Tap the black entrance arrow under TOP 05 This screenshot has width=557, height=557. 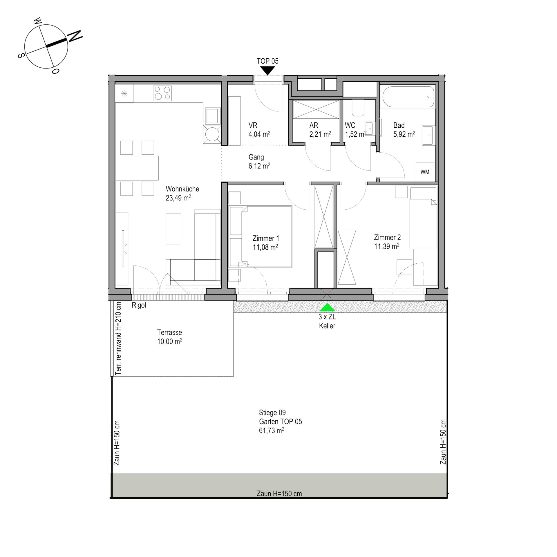tap(267, 70)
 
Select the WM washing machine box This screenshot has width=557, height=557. tap(425, 172)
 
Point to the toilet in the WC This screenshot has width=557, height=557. tap(358, 108)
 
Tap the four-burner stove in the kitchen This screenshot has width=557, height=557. tap(162, 93)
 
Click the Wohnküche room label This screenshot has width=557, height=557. tap(182, 189)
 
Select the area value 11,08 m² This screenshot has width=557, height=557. tap(265, 247)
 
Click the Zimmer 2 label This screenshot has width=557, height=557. tap(387, 237)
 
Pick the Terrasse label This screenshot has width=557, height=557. tap(169, 332)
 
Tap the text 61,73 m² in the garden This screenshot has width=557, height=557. tap(272, 430)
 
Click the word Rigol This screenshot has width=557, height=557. tap(139, 305)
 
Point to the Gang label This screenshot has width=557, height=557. tap(256, 157)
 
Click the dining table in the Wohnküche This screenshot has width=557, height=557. tap(137, 168)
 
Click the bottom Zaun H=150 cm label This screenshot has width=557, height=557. tap(279, 493)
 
